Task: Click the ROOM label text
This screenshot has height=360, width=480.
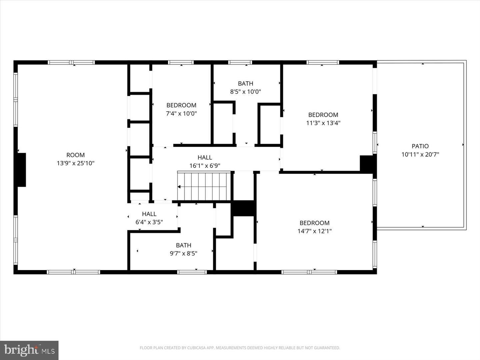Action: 75,155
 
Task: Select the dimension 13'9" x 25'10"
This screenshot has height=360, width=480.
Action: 75,163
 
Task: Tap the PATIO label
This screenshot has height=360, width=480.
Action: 420,146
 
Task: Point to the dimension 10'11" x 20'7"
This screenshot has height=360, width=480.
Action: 420,154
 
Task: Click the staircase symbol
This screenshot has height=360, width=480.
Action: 204,187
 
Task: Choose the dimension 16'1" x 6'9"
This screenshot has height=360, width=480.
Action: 205,166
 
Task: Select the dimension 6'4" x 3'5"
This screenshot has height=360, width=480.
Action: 149,222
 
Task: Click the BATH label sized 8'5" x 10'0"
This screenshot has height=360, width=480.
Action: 245,83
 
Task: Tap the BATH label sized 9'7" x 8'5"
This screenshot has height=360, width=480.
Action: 183,245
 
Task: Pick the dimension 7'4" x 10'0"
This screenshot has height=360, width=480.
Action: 181,113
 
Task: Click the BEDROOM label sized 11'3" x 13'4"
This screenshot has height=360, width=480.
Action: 323,115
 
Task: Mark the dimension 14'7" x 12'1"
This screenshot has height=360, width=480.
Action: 314,231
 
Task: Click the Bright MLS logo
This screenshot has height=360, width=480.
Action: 29,350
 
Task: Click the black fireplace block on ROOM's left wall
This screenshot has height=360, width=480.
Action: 22,170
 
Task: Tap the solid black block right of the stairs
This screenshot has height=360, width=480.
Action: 243,208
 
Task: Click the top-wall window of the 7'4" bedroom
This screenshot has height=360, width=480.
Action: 181,62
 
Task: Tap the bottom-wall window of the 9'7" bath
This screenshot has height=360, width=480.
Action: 192,272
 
